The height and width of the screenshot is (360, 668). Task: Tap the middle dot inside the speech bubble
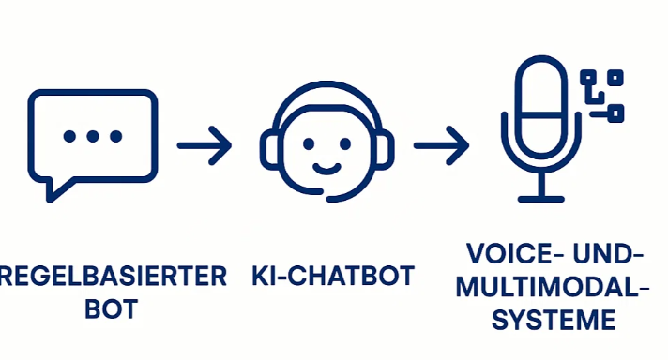tap(93, 136)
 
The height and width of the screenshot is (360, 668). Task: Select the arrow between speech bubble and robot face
tap(205, 145)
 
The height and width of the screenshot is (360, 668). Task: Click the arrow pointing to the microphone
tap(441, 145)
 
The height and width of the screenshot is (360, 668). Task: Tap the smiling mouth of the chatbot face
tap(326, 169)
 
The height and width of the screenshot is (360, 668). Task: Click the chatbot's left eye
tap(309, 143)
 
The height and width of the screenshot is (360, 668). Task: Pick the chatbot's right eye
tap(345, 143)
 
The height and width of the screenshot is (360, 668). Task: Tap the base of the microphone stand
tap(541, 199)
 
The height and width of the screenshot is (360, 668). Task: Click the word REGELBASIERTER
tap(113, 277)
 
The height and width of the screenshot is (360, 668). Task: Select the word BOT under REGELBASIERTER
tap(112, 308)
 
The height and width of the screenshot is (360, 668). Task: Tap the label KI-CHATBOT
tap(333, 276)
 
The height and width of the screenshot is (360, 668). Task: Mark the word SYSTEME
tap(554, 320)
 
